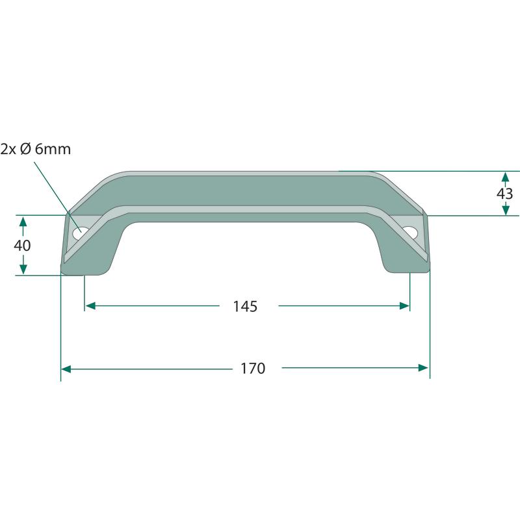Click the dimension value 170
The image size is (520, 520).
[253, 369]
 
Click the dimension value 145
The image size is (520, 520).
[245, 306]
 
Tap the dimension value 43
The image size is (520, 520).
[505, 193]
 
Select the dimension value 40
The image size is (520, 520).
[22, 246]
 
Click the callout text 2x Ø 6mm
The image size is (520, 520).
[36, 149]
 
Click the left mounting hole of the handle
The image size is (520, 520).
[80, 233]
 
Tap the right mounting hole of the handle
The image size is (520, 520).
[410, 232]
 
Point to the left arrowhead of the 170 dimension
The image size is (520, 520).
[66, 369]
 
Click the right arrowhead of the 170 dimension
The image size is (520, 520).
[423, 367]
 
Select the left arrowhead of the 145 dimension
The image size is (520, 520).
[90, 305]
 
